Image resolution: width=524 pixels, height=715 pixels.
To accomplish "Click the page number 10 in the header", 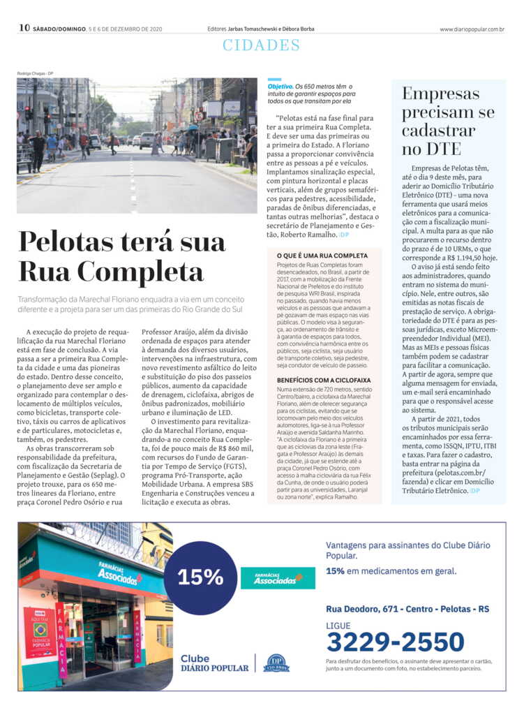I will (24, 28).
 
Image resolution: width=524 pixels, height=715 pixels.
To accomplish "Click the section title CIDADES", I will (261, 46).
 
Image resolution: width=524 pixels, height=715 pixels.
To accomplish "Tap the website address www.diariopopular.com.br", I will (472, 29).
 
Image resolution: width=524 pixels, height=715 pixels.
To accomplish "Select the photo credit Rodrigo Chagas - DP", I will (36, 73).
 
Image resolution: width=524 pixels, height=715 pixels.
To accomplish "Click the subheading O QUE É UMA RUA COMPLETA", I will (322, 256).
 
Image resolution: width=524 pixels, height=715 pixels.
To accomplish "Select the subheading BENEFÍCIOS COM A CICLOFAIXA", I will (323, 380).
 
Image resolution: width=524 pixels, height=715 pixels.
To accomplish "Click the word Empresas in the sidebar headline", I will (441, 94).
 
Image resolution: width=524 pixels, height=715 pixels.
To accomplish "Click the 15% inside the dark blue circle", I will (200, 577).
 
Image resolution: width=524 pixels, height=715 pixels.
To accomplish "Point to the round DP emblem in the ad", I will (277, 663).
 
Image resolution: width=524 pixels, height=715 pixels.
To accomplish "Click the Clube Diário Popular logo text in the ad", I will (214, 663).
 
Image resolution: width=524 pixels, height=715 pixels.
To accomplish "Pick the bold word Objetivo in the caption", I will (281, 86).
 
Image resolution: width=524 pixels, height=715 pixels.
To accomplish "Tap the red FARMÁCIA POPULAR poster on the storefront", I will (40, 632).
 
